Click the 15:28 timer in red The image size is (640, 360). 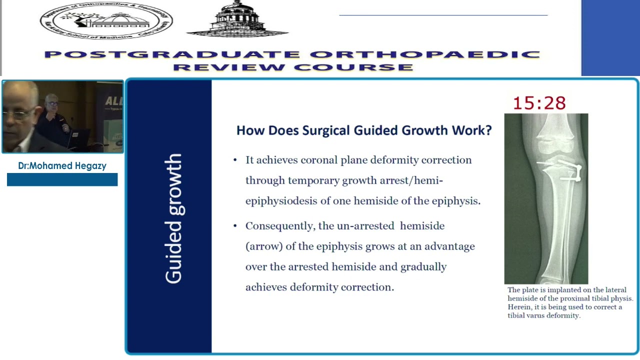539,103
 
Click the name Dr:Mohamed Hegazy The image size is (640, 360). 62,166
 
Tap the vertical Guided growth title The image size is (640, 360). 173,218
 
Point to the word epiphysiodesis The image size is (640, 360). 281,201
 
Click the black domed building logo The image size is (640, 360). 237,19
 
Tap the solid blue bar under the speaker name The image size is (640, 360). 62,179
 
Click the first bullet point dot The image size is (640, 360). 235,160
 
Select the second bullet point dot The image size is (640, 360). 235,226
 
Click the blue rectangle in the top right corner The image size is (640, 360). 610,37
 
